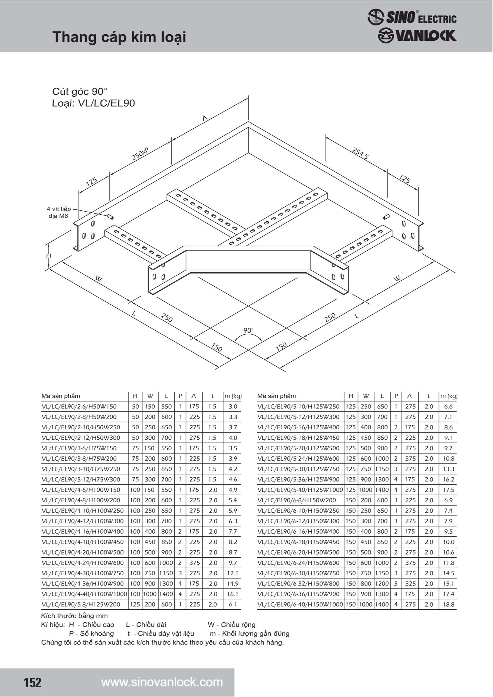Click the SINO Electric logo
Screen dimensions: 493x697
tap(412, 17)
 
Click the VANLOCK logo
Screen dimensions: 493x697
tap(417, 35)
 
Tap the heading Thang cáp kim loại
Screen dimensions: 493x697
tap(119, 37)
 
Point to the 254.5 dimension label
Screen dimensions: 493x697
tap(360, 153)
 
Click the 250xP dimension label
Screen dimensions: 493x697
tap(140, 154)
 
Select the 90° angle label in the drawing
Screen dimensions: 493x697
tap(248, 330)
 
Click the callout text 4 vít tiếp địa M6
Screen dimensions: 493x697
tap(59, 212)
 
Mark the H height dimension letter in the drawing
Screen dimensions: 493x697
tap(49, 256)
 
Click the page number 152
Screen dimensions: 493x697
tap(32, 682)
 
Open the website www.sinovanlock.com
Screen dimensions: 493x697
tap(162, 682)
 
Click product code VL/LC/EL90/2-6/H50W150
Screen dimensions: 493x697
tap(79, 406)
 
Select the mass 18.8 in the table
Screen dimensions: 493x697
tap(448, 604)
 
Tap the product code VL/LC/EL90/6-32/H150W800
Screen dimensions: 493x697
tap(298, 584)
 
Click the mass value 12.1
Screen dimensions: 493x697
tap(233, 573)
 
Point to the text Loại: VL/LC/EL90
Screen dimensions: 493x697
tap(93, 103)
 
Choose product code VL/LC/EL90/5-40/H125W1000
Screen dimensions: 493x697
tap(300, 490)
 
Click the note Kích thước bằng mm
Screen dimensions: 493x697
tap(74, 616)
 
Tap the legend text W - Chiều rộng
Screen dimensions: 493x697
tap(232, 625)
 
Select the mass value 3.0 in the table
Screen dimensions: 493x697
tap(233, 406)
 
